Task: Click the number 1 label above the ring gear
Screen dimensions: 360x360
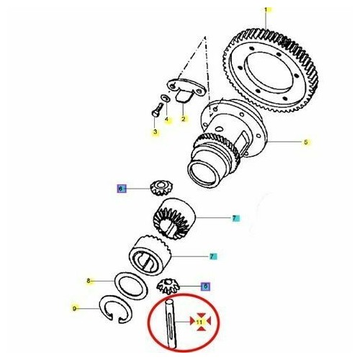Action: [265, 9]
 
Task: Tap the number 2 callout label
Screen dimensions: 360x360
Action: [184, 119]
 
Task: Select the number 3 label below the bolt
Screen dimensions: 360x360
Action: [155, 132]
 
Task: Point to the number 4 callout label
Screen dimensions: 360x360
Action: [167, 120]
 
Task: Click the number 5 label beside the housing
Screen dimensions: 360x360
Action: [305, 143]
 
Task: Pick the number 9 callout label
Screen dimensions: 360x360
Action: [73, 310]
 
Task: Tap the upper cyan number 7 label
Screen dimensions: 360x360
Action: [234, 217]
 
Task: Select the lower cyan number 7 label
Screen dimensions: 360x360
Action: [212, 256]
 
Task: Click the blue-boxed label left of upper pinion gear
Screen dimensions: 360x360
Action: [122, 189]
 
